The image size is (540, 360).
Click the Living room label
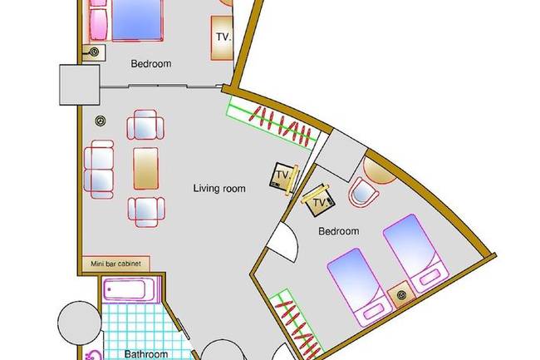pos(219,189)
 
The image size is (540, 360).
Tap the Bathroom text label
pos(146,354)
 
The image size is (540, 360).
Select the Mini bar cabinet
pos(116,264)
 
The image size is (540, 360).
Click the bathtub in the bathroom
pos(129,289)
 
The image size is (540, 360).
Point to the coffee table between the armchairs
pos(145,169)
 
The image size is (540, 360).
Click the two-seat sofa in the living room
pos(99,169)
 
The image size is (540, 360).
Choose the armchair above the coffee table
pos(145,125)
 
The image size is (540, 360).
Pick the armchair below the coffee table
pos(146,212)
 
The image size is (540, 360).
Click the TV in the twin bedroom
pos(318,201)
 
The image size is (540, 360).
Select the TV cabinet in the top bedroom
pos(222,38)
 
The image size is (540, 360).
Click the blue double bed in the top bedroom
pos(137,20)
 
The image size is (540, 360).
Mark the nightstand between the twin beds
pos(401,294)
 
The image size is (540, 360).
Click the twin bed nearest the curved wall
pos(416,254)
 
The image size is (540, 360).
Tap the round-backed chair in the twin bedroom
pos(363,193)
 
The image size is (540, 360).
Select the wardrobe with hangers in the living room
pos(272,123)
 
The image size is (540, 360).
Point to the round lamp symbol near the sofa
pos(100,121)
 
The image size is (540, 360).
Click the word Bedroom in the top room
pos(151,64)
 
